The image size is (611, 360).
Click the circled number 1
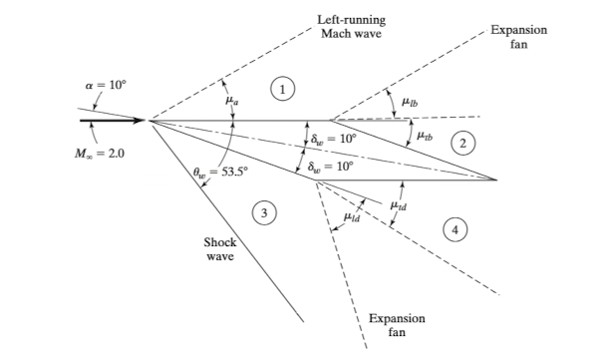click(x=286, y=90)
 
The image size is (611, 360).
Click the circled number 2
click(x=461, y=143)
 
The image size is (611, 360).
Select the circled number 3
click(x=263, y=211)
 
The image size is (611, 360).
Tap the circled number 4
click(x=456, y=228)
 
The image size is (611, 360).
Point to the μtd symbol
click(x=398, y=205)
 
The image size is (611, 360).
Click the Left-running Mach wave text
click(x=350, y=26)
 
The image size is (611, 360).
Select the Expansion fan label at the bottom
click(x=398, y=324)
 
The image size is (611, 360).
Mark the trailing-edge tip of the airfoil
click(x=496, y=180)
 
